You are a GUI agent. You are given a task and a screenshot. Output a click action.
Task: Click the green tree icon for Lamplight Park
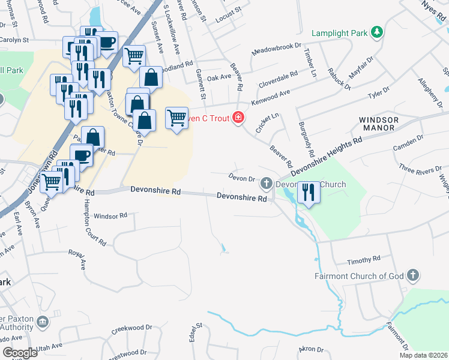click(377, 31)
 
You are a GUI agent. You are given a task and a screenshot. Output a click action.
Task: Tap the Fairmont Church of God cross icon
click(412, 275)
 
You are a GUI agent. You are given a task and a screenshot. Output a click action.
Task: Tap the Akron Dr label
click(311, 349)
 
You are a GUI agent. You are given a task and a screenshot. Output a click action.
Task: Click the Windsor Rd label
click(111, 215)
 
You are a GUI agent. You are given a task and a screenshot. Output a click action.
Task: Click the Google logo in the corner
click(20, 352)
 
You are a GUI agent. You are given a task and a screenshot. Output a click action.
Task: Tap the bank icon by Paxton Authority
click(43, 322)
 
